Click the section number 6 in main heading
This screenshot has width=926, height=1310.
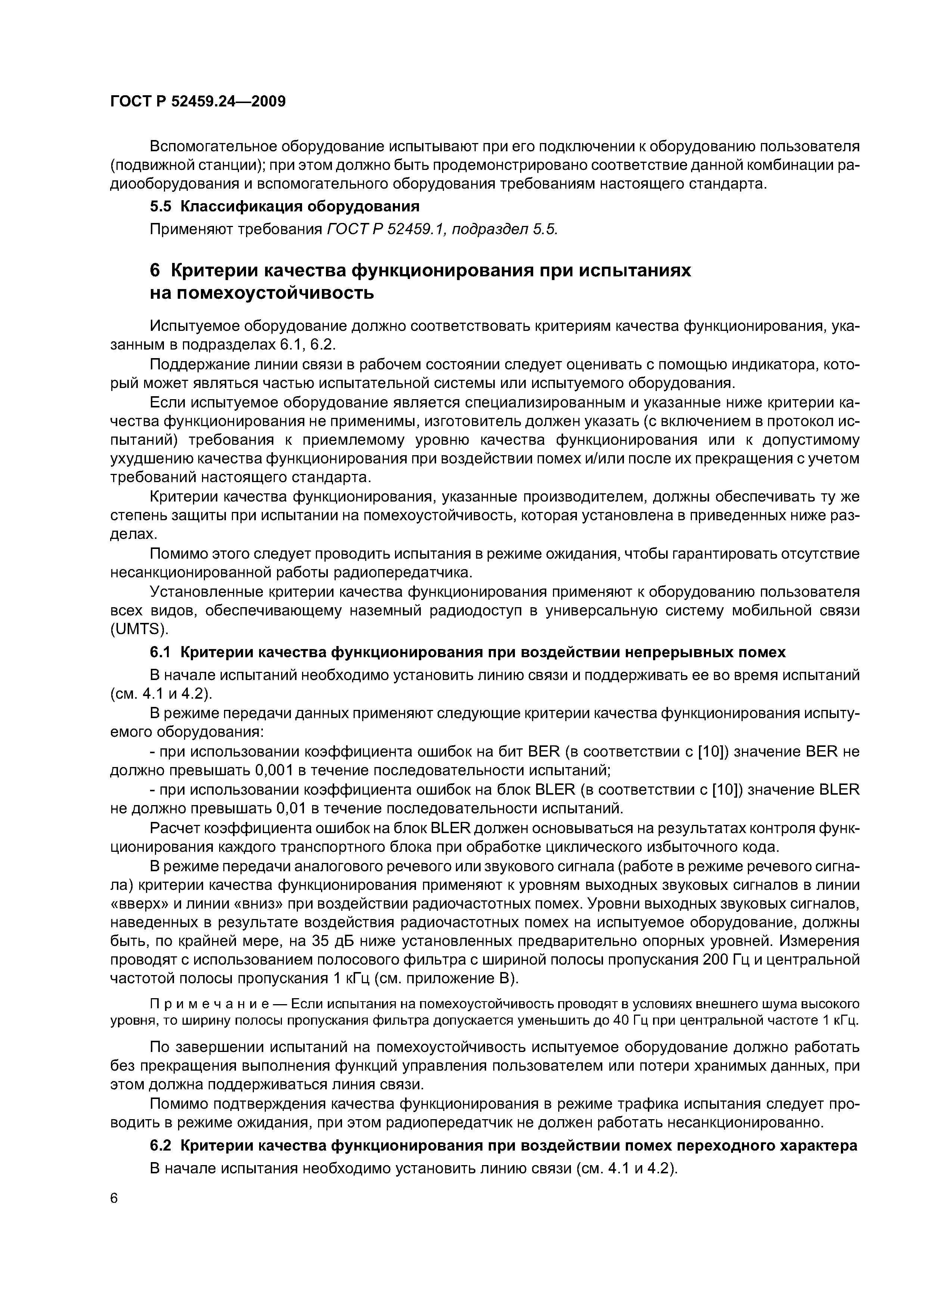tap(155, 270)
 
